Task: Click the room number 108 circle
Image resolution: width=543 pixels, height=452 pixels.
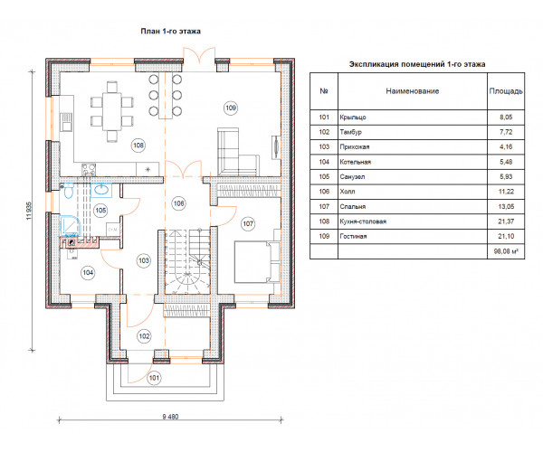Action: (x=138, y=146)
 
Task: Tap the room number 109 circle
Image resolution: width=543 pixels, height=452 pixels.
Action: (x=231, y=108)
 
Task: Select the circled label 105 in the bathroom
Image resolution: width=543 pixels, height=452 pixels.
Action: (x=100, y=211)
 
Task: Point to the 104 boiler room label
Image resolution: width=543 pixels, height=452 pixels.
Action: (x=88, y=273)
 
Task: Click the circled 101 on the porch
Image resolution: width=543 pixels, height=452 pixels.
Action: (x=154, y=378)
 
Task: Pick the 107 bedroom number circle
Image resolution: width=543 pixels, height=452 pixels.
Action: (x=248, y=224)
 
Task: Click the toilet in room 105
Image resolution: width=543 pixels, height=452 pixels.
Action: (x=68, y=191)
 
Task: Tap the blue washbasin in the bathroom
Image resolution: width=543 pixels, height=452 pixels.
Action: (x=101, y=190)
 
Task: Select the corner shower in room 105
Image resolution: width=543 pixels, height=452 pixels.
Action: (x=71, y=226)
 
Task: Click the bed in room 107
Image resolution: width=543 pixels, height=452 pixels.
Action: (x=257, y=262)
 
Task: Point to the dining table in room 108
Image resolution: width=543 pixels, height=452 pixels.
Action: (x=112, y=111)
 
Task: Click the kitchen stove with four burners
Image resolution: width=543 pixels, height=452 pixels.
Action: (x=89, y=169)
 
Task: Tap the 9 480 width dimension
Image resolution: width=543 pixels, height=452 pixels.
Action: (x=170, y=417)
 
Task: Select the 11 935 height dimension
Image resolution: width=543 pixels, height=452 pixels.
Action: (x=29, y=211)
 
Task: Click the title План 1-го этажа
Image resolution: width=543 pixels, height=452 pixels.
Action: (x=171, y=31)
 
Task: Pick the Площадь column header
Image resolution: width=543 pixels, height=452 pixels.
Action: (x=506, y=91)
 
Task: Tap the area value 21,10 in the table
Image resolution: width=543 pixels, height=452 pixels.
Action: (x=506, y=237)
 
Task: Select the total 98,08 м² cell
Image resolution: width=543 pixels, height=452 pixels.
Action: (x=506, y=251)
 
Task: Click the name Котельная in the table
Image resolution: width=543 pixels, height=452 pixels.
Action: (x=356, y=162)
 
